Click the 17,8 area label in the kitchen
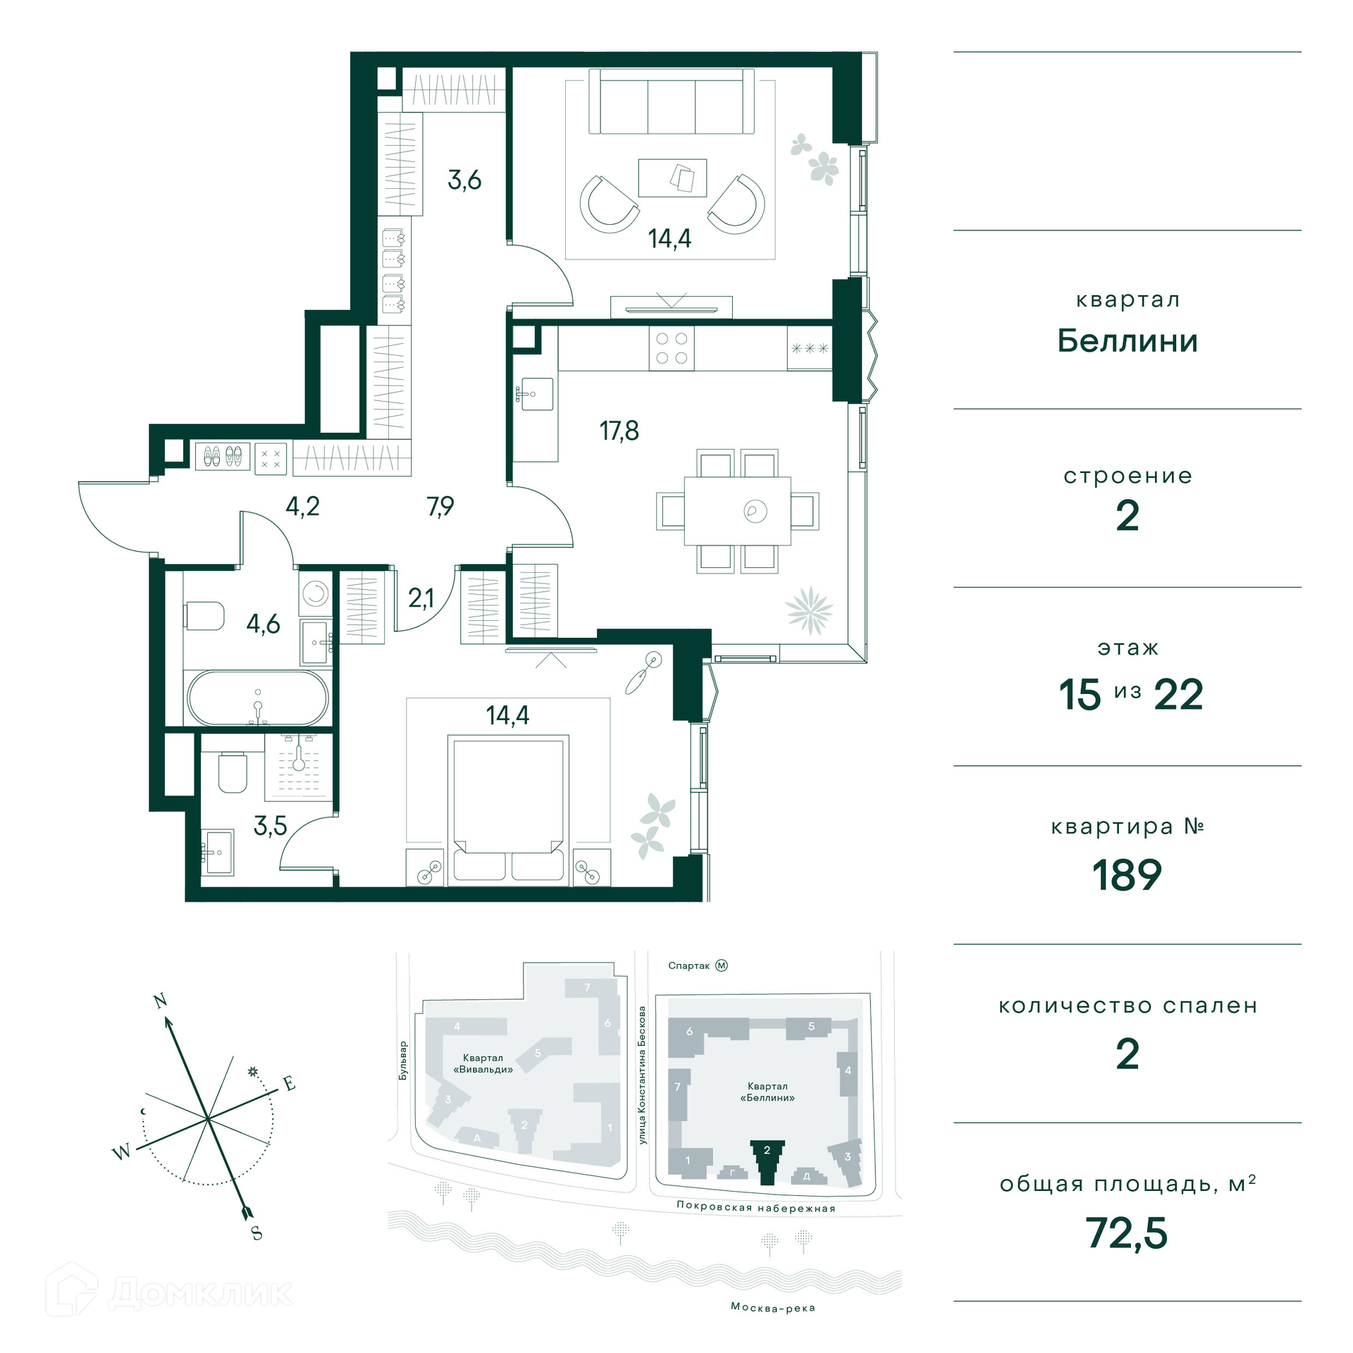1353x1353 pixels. click(619, 431)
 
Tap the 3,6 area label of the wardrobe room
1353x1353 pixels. click(464, 180)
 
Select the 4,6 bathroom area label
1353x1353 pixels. click(263, 624)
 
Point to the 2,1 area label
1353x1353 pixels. click(421, 598)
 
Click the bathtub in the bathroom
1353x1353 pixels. click(258, 698)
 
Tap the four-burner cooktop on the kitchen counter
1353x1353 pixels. click(672, 348)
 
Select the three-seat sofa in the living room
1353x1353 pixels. click(672, 101)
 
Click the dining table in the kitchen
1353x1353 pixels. click(737, 511)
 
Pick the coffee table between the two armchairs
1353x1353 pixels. click(672, 178)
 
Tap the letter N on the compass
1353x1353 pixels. click(160, 1001)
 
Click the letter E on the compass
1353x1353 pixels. click(289, 1084)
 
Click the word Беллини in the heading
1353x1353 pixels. click(1127, 341)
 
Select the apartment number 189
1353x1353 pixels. click(1127, 875)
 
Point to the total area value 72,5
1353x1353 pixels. click(1127, 1232)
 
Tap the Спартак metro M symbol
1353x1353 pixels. click(721, 965)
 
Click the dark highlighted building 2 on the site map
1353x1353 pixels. click(767, 1162)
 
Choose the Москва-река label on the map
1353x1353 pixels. click(773, 1308)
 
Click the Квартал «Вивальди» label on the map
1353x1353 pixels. click(483, 1063)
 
